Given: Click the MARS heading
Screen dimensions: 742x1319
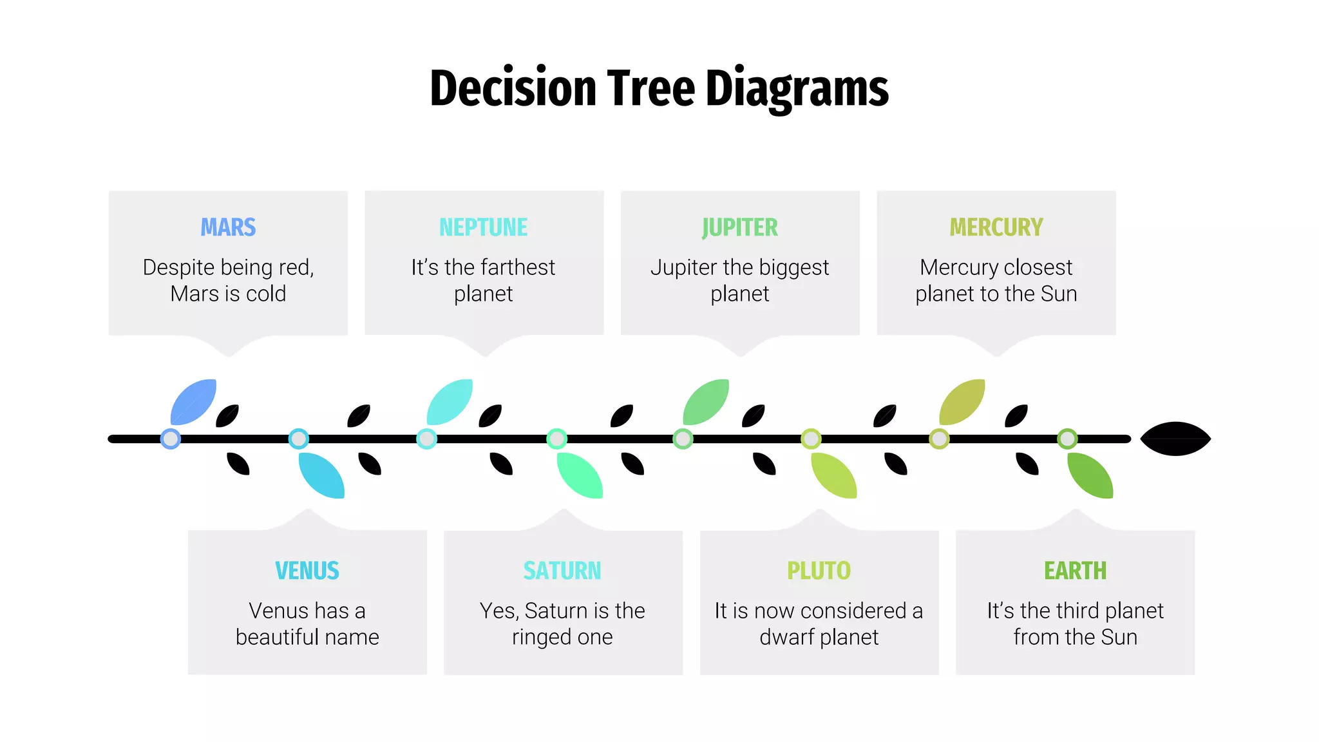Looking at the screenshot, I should (x=228, y=227).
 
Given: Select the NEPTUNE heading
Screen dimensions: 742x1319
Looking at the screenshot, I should (x=483, y=227).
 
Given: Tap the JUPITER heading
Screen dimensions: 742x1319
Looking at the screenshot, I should (x=739, y=227).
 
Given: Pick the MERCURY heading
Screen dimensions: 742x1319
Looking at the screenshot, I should (x=996, y=227).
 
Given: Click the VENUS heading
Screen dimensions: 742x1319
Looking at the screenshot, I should (x=307, y=571).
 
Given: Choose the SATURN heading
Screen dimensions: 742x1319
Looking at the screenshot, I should (x=562, y=571).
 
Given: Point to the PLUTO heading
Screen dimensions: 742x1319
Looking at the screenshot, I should (x=819, y=571).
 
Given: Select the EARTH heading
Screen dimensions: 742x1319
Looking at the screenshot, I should (x=1075, y=571).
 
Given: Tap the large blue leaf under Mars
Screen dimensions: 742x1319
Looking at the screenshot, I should (x=193, y=403).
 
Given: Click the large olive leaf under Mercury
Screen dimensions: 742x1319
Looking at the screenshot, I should (x=962, y=403).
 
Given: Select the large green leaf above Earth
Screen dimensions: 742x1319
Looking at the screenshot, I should (x=1090, y=475).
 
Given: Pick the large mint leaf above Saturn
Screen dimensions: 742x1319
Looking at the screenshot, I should (x=580, y=475).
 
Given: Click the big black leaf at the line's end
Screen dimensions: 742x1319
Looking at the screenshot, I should (x=1175, y=439).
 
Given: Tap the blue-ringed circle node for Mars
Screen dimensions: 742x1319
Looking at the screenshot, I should (x=171, y=439).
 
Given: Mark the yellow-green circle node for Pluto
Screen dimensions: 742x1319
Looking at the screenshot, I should (x=811, y=439).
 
